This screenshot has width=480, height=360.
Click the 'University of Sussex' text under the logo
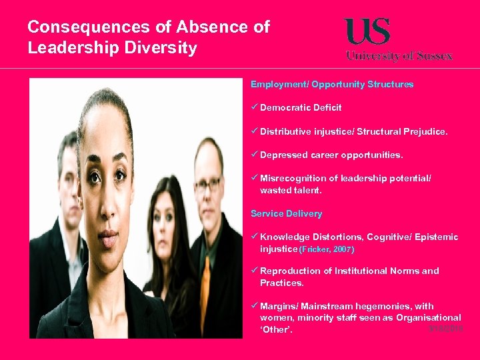399,56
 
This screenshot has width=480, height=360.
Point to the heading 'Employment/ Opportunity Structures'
332,85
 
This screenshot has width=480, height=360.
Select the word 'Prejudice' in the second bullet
425,132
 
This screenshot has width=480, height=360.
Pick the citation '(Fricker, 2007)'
327,249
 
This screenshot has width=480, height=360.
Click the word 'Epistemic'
438,237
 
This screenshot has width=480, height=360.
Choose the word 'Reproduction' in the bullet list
288,271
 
